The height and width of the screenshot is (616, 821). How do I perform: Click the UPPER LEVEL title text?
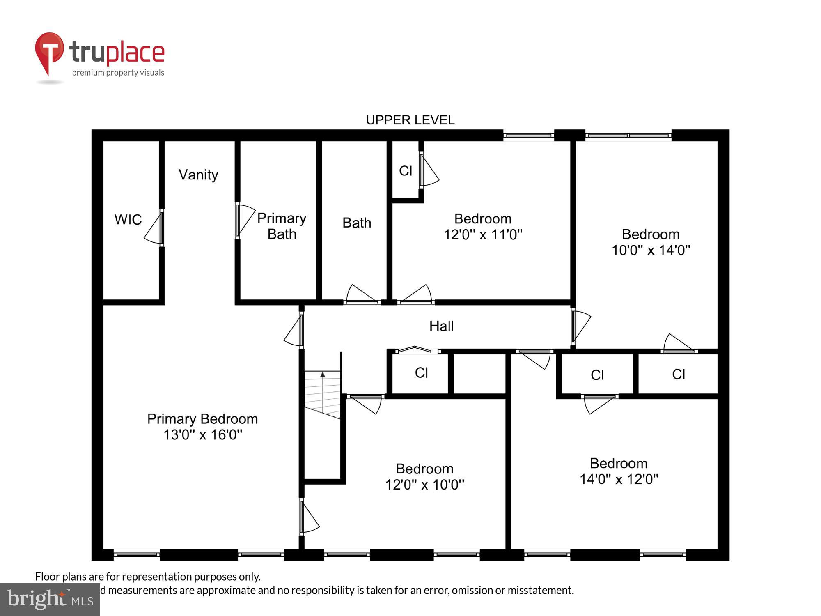(410, 120)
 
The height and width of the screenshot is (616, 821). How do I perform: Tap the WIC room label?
(128, 220)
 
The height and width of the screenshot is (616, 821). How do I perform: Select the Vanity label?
(198, 175)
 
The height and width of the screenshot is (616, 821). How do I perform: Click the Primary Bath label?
(282, 226)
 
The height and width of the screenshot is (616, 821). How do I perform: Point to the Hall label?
(441, 326)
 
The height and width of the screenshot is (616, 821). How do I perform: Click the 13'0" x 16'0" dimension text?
(203, 435)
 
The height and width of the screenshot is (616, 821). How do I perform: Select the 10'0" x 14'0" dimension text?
(651, 250)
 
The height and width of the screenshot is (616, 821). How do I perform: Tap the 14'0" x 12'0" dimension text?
(619, 479)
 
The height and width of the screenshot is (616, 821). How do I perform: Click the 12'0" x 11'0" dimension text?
(483, 235)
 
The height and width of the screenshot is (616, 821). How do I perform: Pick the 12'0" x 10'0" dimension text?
(424, 485)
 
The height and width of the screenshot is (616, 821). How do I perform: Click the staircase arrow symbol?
(323, 375)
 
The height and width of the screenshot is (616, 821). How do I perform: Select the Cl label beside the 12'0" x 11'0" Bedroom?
(406, 171)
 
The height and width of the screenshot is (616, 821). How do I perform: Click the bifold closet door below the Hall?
(415, 349)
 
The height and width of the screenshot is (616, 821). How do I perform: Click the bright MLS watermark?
(50, 600)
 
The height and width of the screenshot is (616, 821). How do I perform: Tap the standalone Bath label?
(357, 223)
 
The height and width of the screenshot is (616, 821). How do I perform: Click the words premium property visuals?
(118, 73)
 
